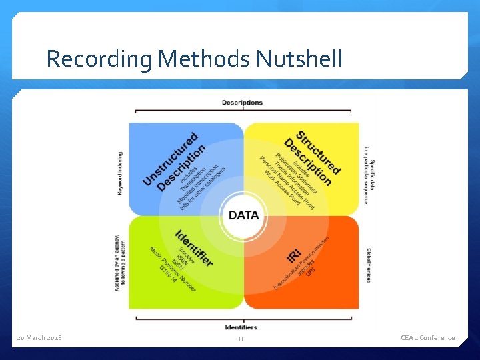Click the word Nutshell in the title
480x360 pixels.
pyautogui.click(x=299, y=59)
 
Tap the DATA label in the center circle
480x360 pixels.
pyautogui.click(x=244, y=215)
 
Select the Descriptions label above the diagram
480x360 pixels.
pyautogui.click(x=242, y=103)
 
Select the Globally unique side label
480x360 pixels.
pyautogui.click(x=368, y=265)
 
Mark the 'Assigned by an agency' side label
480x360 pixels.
pyautogui.click(x=120, y=263)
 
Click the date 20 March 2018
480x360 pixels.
pyautogui.click(x=39, y=338)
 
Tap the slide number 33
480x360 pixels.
pyautogui.click(x=240, y=339)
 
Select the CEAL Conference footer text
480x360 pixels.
pyautogui.click(x=427, y=338)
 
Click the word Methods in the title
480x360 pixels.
pyautogui.click(x=204, y=59)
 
